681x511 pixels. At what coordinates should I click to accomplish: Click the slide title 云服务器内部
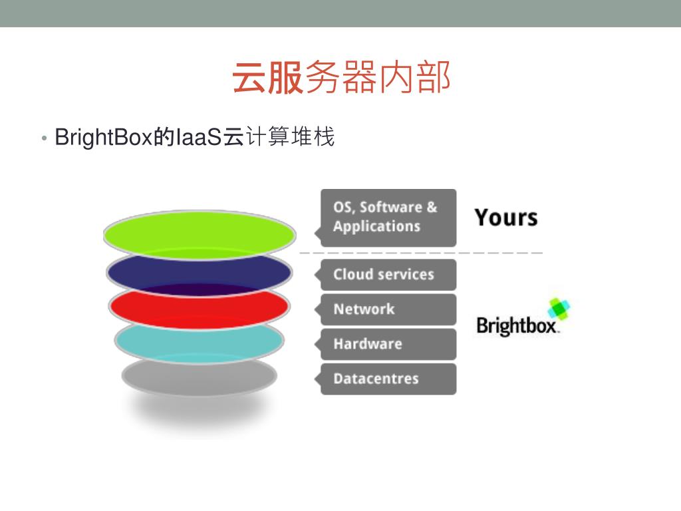point(341,78)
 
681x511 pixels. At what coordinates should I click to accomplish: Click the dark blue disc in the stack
point(199,273)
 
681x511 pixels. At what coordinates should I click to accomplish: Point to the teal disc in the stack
point(199,342)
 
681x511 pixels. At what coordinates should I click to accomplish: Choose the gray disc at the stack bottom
point(199,377)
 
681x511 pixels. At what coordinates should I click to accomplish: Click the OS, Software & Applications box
point(388,217)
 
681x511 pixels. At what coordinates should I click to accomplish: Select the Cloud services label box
point(388,274)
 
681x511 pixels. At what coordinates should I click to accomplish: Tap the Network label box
point(388,309)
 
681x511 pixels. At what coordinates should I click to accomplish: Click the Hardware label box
point(388,344)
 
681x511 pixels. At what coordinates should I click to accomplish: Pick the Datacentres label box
point(388,379)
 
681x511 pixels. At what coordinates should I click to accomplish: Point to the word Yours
point(506,218)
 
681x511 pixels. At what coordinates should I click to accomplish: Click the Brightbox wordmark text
point(517,326)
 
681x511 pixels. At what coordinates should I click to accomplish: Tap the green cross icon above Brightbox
point(559,309)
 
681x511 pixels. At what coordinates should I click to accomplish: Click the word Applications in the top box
point(376,226)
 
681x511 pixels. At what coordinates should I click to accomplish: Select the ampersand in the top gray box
point(432,207)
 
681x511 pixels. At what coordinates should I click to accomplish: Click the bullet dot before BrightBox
point(44,138)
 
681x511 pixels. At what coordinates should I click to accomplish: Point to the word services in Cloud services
point(406,274)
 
